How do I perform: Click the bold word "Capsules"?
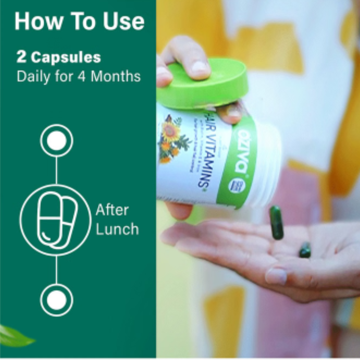66,58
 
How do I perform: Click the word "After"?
112,210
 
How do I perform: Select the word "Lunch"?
117,229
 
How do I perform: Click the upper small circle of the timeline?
57,140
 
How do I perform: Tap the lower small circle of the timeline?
57,300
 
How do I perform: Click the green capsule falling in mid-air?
276,222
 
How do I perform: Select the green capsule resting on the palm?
305,250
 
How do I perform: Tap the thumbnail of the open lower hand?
276,276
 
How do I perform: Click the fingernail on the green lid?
199,67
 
